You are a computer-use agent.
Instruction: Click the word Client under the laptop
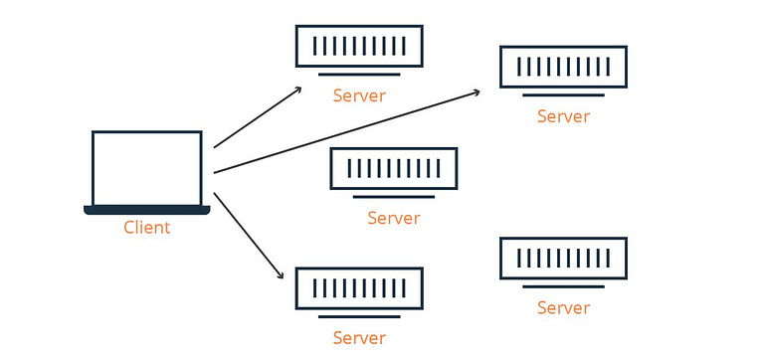click(146, 228)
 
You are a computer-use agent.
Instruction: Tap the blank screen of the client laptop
click(146, 168)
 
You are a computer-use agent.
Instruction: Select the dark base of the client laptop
click(146, 210)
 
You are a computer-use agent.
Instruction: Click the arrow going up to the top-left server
click(257, 117)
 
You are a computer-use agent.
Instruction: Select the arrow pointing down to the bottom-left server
click(249, 236)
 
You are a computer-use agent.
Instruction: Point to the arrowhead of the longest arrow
click(477, 91)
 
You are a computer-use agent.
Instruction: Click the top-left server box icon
click(359, 46)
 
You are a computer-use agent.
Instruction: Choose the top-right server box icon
click(563, 67)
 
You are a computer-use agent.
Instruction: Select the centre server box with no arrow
click(394, 168)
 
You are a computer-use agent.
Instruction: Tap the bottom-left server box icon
click(359, 288)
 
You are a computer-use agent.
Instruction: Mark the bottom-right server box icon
click(563, 259)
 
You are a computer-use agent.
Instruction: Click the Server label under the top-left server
click(359, 96)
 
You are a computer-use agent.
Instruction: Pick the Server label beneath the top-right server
click(563, 116)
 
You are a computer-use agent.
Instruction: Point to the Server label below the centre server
click(394, 219)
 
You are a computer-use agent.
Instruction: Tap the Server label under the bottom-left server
click(359, 338)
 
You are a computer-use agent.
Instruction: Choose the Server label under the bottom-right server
click(563, 308)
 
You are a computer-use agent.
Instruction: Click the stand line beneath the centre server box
click(394, 197)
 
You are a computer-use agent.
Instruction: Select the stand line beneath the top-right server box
click(563, 95)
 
